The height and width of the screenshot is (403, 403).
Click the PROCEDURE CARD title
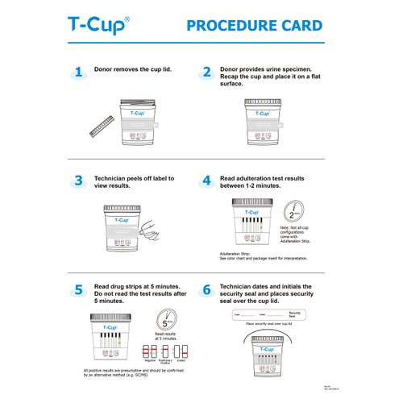[x=255, y=26]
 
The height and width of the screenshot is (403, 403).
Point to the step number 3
[x=78, y=181]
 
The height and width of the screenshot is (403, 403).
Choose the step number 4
[x=206, y=181]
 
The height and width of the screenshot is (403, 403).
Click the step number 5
[x=78, y=289]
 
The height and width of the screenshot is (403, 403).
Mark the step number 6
[x=206, y=289]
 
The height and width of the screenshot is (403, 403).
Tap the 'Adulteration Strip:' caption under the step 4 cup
[x=235, y=253]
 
